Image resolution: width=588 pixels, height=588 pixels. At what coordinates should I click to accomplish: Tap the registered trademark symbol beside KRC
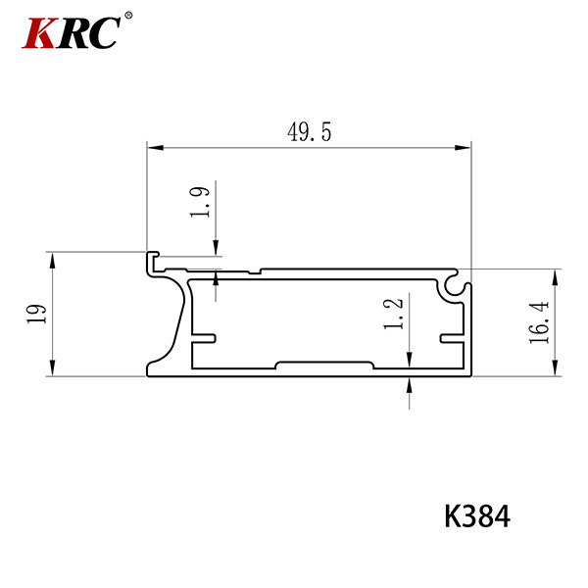click(128, 16)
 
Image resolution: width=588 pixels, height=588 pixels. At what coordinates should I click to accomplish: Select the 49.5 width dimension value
click(310, 132)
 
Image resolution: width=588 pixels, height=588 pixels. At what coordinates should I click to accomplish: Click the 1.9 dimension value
click(200, 202)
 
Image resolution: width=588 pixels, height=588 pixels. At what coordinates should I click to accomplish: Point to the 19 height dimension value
click(36, 314)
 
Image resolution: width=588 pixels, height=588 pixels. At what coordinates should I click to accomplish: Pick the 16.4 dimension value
click(539, 322)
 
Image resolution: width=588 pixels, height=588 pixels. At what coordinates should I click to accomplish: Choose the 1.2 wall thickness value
click(393, 314)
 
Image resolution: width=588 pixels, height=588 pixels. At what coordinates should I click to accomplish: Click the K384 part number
click(477, 516)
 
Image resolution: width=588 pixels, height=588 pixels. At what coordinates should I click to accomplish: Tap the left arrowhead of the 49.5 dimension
click(155, 147)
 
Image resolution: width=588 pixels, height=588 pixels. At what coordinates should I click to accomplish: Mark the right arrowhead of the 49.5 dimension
click(463, 147)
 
